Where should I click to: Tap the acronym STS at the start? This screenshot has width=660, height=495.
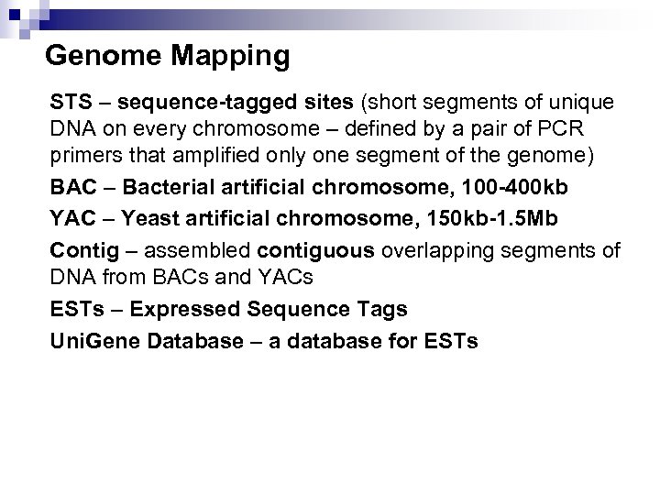pos(69,99)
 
